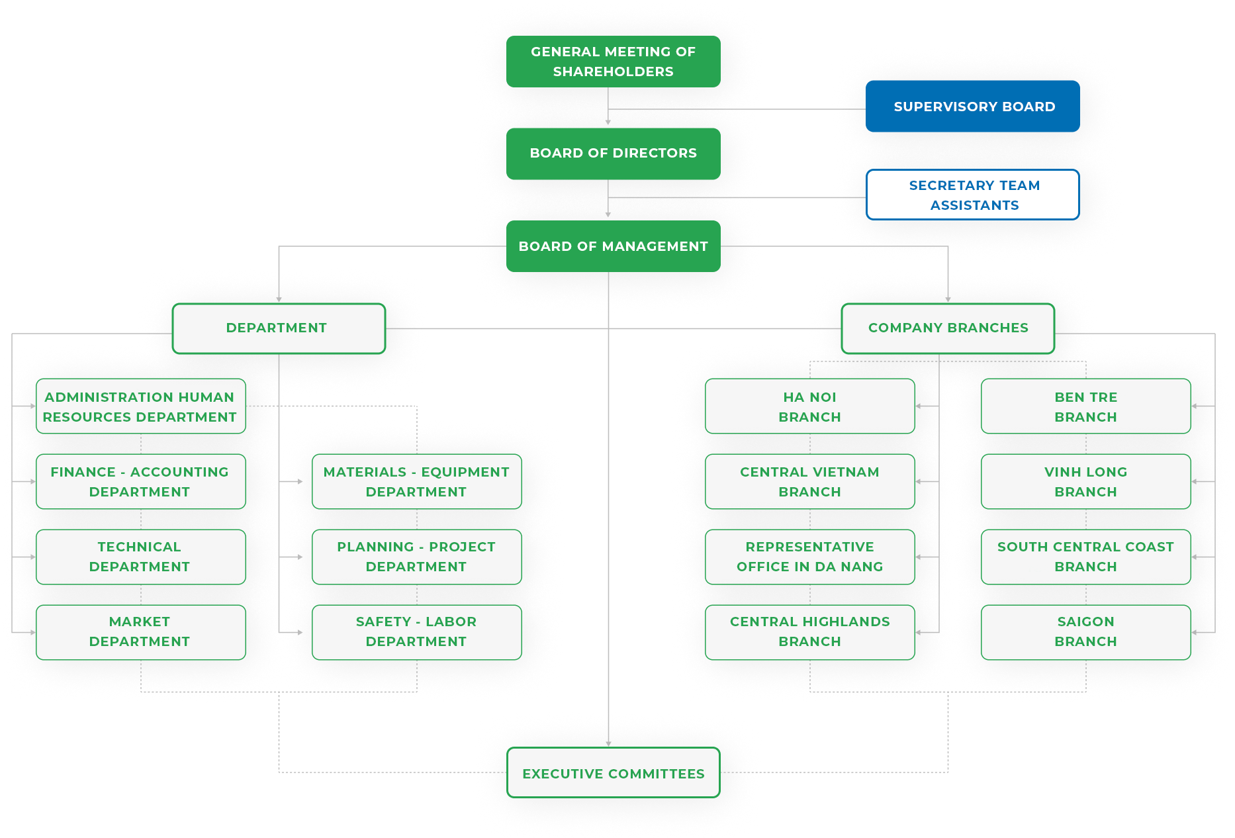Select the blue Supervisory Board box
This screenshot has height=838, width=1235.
tap(972, 107)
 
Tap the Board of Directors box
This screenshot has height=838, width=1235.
tap(613, 154)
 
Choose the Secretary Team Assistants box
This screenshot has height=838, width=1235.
tap(972, 195)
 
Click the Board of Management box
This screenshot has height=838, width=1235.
tap(613, 246)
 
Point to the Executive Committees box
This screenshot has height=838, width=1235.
tap(613, 773)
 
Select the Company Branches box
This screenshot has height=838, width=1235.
tap(947, 328)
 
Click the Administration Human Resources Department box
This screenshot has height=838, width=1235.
tap(140, 406)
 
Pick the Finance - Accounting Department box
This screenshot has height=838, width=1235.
tap(140, 481)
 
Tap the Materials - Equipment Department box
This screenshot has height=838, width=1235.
tap(416, 481)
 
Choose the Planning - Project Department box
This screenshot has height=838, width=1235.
tap(416, 557)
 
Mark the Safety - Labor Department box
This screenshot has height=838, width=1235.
tap(416, 631)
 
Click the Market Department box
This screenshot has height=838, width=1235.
tap(140, 631)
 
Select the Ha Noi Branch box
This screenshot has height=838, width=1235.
tap(809, 406)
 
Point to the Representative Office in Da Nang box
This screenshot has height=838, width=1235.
tap(809, 557)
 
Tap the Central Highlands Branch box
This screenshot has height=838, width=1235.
tap(809, 631)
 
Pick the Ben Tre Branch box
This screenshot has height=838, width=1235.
tap(1085, 406)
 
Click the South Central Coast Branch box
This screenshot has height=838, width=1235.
tap(1085, 557)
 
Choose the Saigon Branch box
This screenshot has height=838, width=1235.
tap(1085, 631)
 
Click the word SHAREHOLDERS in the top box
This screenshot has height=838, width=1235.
tap(613, 71)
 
